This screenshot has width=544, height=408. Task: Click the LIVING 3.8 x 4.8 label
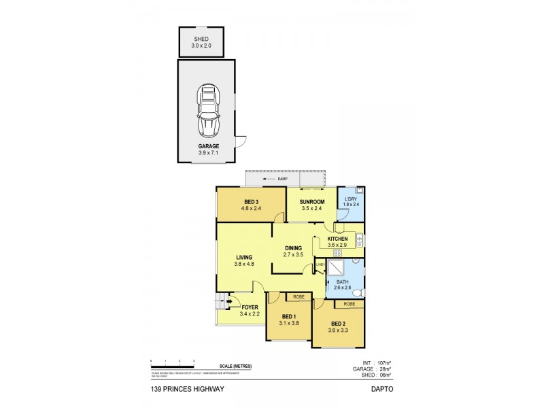coord(243,260)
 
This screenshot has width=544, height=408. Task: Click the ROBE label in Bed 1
coord(299,296)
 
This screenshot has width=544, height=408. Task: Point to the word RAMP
coord(282,179)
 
